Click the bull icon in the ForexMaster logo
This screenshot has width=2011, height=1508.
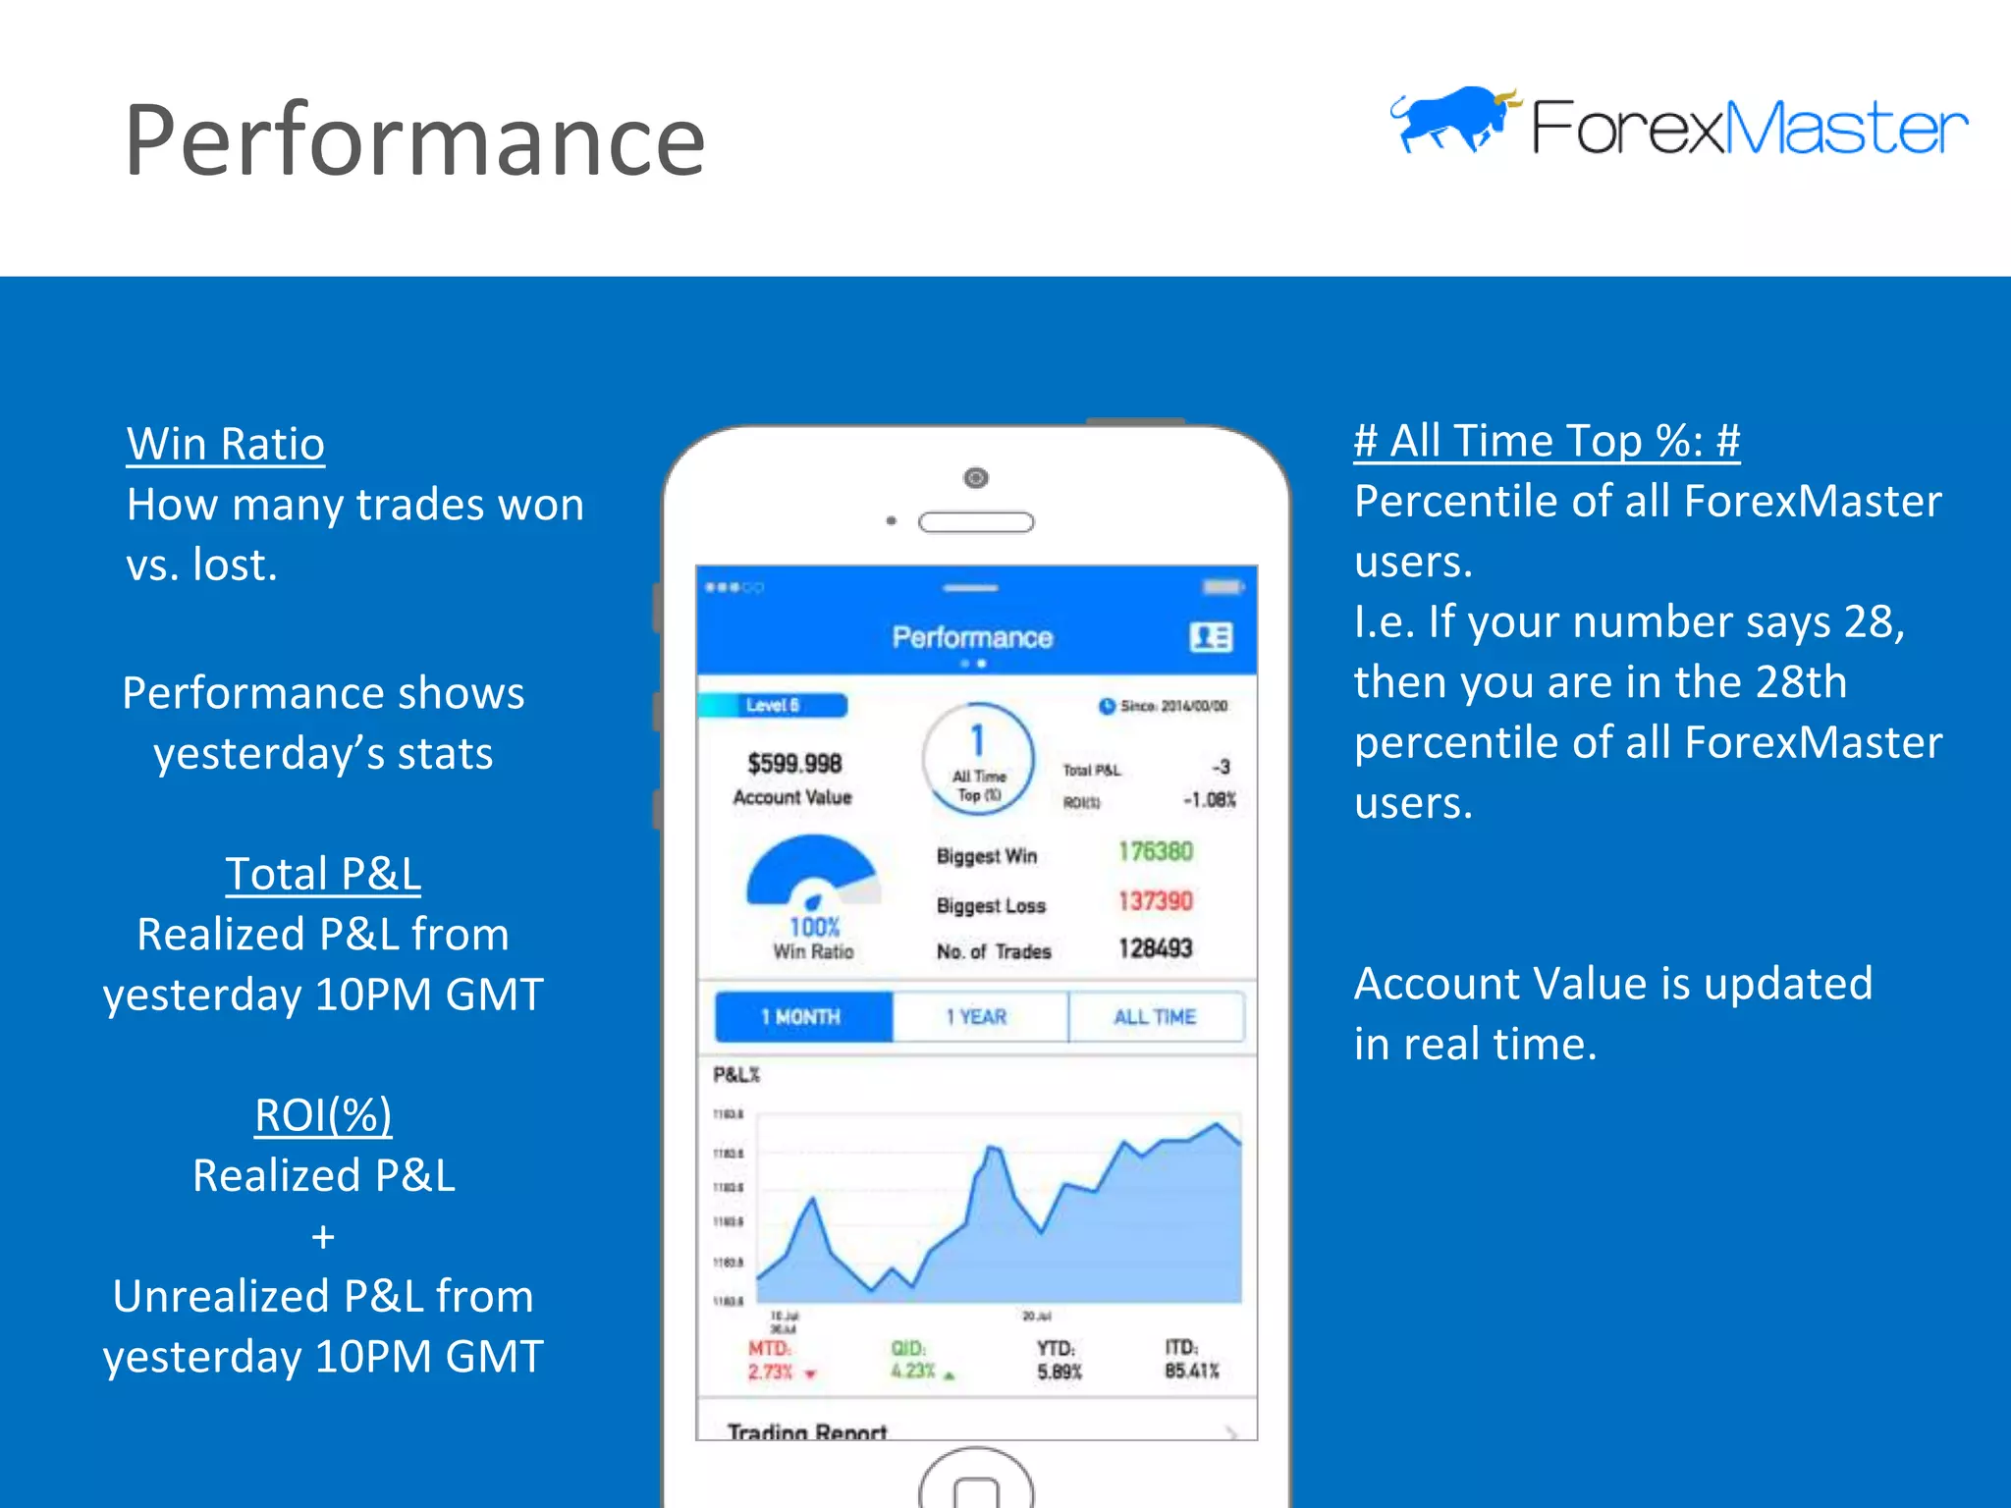pos(1453,120)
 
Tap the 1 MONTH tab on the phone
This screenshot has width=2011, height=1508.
pos(801,1017)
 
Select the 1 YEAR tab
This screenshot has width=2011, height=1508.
pos(977,1017)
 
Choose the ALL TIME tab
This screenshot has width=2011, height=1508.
pos(1155,1017)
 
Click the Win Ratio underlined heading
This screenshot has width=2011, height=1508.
pos(226,444)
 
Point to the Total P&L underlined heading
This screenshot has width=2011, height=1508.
pos(323,874)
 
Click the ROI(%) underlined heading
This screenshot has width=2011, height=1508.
pos(323,1115)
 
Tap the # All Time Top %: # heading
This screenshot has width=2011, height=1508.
pos(1547,441)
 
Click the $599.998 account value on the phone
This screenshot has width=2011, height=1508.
pos(794,764)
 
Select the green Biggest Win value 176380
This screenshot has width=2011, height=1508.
pos(1155,851)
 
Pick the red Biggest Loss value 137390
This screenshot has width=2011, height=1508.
pos(1155,900)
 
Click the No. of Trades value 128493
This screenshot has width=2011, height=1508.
pos(1155,948)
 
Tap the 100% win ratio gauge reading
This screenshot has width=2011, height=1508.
pos(814,927)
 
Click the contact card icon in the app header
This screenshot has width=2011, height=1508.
pos(1211,638)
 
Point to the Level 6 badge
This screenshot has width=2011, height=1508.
pos(773,705)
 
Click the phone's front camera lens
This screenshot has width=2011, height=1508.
pos(976,478)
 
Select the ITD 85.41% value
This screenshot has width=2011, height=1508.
pos(1191,1371)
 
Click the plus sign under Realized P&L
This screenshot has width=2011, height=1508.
pos(323,1237)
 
